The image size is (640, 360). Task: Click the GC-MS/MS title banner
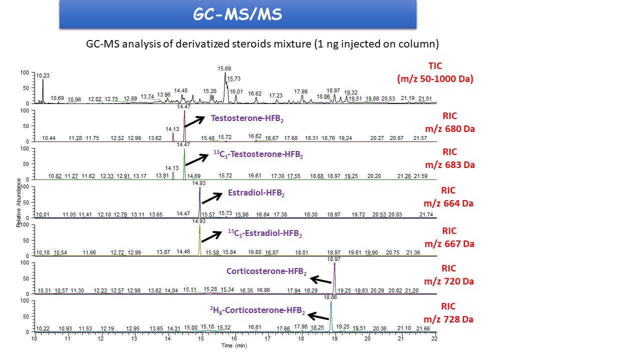(238, 14)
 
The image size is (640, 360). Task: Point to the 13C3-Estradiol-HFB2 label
(265, 233)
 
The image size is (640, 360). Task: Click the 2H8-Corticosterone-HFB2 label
(257, 310)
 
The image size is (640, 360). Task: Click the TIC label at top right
(435, 66)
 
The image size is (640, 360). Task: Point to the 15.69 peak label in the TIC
(224, 68)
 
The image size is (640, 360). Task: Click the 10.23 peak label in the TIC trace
(43, 75)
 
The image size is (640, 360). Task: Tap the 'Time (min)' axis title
(234, 345)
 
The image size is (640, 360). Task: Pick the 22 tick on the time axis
(434, 338)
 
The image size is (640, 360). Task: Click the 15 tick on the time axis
(201, 338)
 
